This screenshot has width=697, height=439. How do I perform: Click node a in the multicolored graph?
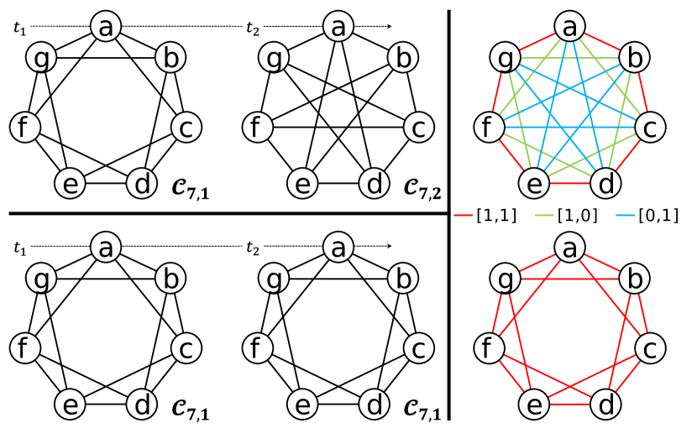point(570,28)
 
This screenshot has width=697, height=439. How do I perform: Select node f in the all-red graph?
point(488,348)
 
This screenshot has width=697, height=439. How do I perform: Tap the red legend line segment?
point(463,216)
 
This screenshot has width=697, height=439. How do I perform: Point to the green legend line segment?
point(544,216)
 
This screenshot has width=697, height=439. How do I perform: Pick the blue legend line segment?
point(625,216)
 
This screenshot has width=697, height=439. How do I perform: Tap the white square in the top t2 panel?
point(402,27)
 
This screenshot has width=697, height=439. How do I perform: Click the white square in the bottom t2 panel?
point(402,247)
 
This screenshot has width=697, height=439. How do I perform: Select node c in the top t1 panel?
point(186,128)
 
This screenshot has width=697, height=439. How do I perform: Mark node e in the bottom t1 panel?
point(70,405)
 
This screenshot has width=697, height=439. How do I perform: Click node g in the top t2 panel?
point(274,58)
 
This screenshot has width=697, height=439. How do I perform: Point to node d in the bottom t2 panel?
point(375,405)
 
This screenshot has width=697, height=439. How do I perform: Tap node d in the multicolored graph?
point(606,183)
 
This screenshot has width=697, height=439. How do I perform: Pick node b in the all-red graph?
point(635,279)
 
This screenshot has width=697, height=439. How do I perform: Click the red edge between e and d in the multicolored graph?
point(570,183)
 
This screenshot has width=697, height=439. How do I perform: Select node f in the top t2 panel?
point(257,128)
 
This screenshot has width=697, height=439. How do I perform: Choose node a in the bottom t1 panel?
point(106,248)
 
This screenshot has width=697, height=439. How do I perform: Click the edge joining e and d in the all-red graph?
point(570,405)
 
